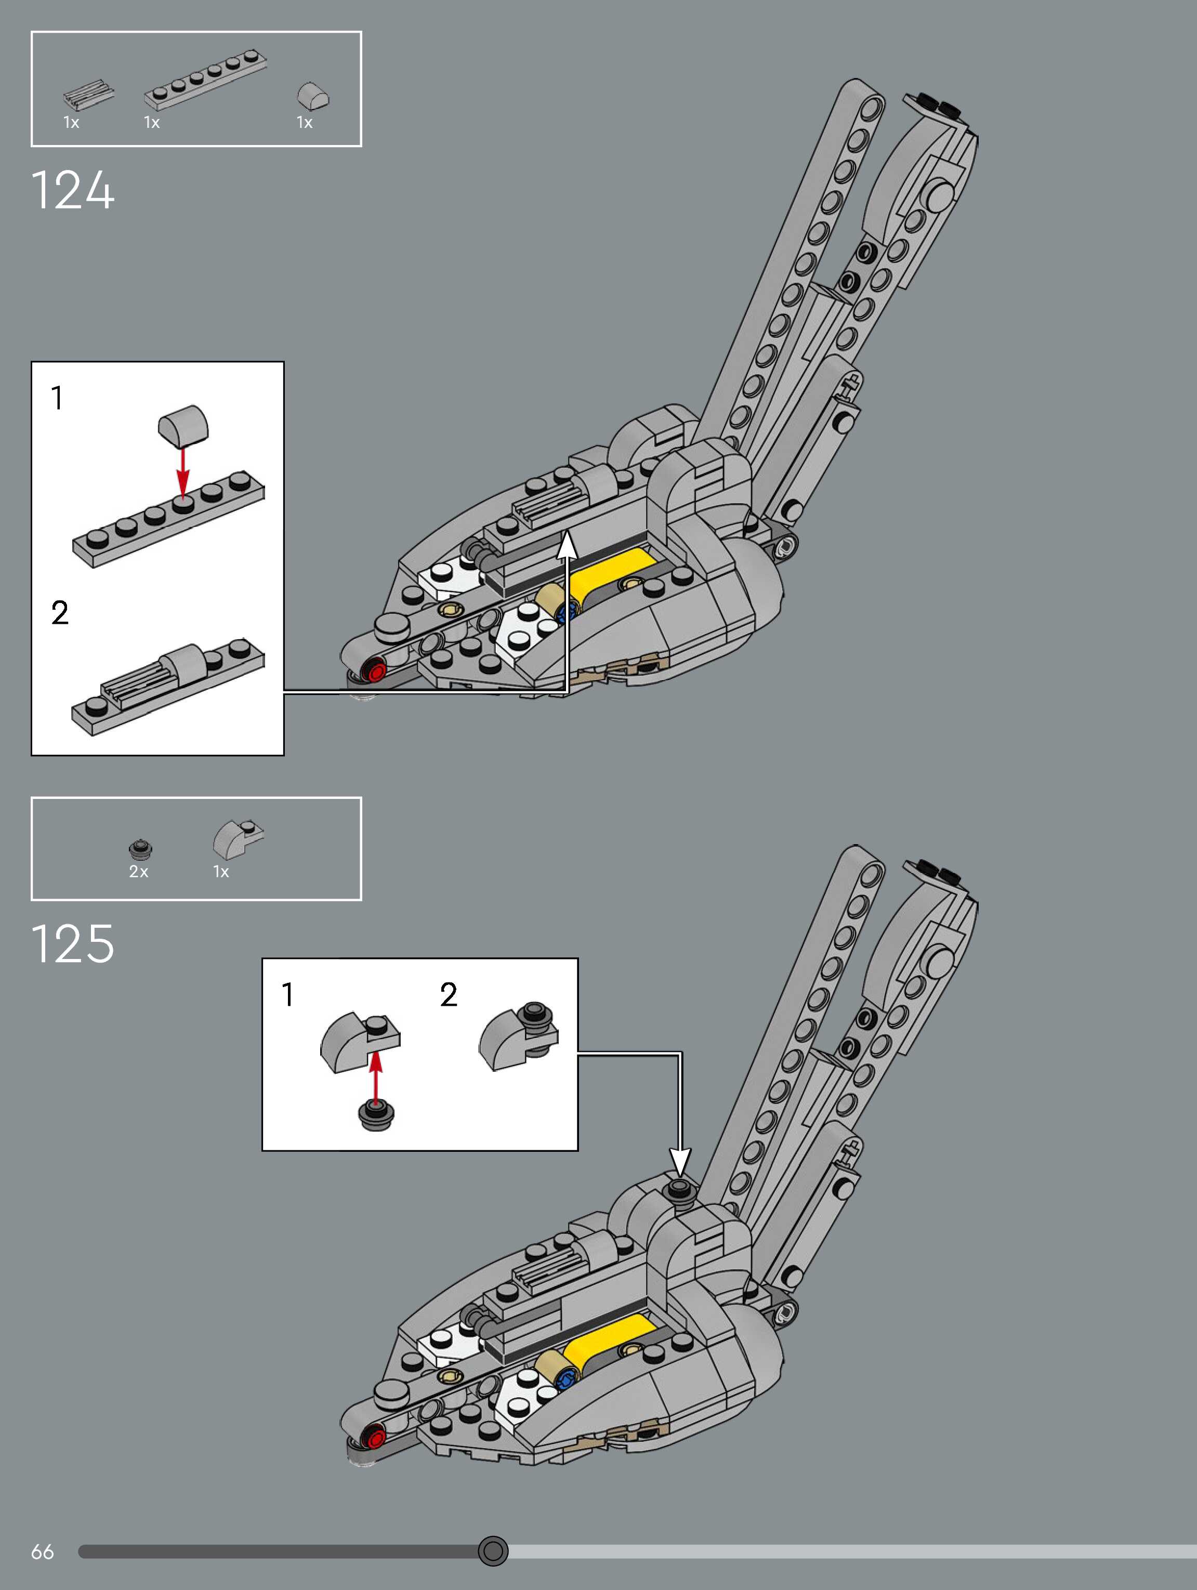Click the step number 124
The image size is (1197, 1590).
click(x=73, y=190)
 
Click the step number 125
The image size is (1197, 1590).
click(x=73, y=944)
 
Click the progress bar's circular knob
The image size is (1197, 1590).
click(x=493, y=1550)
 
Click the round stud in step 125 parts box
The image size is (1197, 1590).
click(x=140, y=848)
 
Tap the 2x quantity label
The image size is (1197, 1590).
click(x=139, y=872)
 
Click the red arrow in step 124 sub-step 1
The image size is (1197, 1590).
click(x=183, y=471)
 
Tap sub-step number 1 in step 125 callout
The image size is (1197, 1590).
click(x=287, y=995)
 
